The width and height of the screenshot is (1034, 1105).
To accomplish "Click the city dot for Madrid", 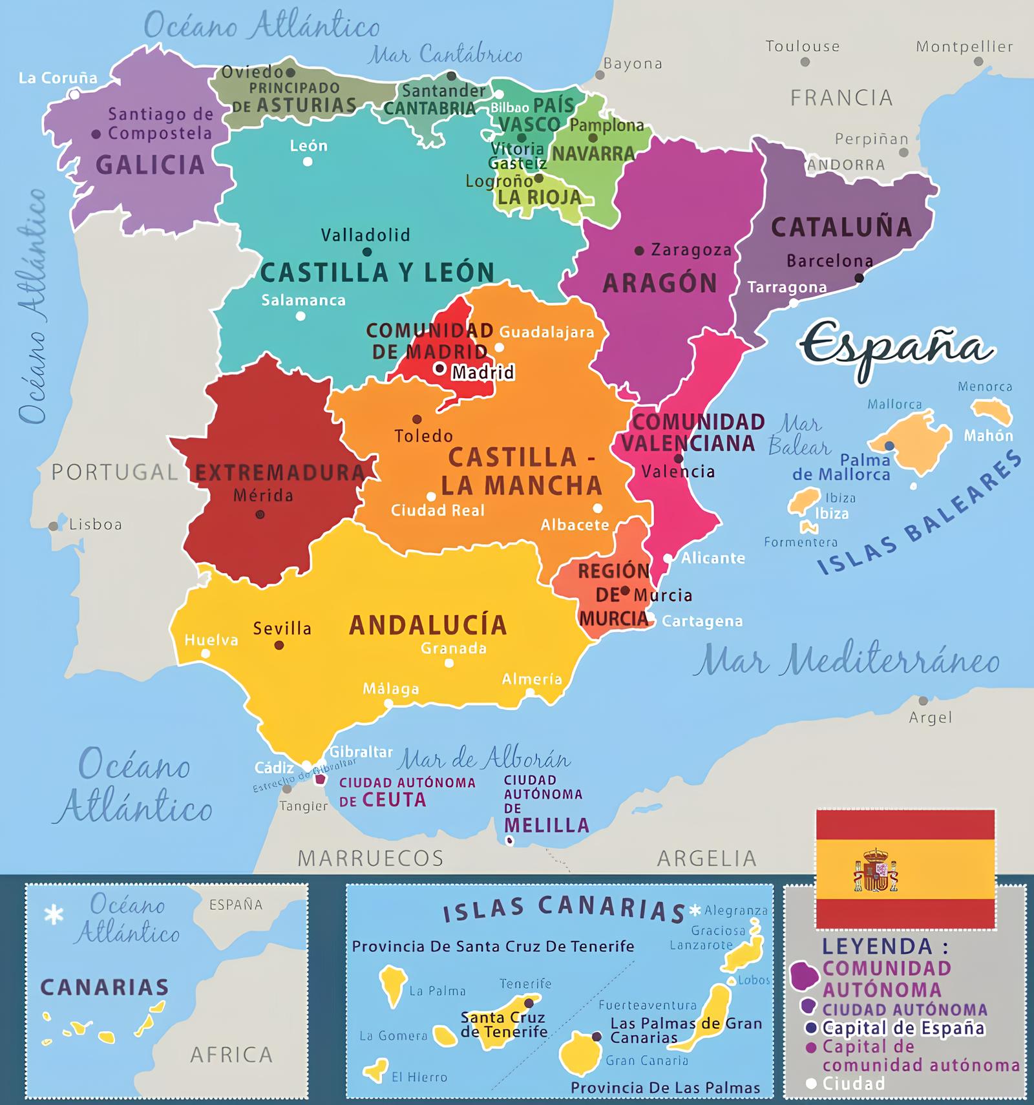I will point(440,369).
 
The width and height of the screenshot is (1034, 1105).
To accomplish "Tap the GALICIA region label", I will point(150,165).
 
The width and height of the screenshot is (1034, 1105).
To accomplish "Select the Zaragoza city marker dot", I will point(639,251).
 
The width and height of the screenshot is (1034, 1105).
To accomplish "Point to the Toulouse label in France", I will point(803,47).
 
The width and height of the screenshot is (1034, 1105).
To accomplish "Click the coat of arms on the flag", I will point(876,871).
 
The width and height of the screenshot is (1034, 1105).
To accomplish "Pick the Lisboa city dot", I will point(54,527).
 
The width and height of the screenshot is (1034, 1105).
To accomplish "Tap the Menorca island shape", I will point(992,411).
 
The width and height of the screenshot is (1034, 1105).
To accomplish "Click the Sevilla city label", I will point(282,628).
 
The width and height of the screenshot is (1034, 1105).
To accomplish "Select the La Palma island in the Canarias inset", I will point(392,984).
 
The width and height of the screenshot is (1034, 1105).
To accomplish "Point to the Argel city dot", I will point(923,701).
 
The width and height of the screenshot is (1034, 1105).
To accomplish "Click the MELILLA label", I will point(547,825).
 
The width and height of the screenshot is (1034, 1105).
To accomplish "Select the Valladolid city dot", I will point(367,252).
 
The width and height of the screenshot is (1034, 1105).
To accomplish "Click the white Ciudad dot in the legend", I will point(811,1084).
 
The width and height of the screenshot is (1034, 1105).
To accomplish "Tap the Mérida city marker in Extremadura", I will point(260,515).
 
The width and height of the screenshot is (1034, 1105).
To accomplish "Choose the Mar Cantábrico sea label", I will point(445,55).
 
